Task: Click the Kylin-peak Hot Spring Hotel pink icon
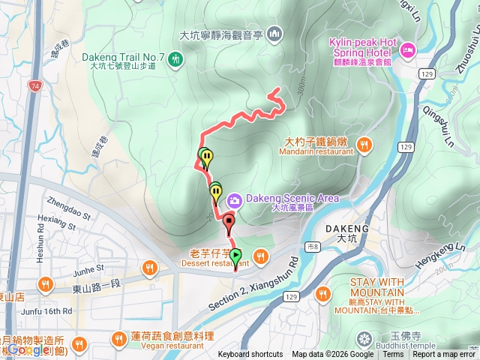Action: (408, 50)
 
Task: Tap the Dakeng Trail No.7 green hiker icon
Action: (175, 58)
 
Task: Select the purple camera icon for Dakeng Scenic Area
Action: (234, 199)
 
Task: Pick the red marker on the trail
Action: (229, 220)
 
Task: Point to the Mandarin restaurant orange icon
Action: (364, 145)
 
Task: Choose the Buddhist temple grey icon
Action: (364, 337)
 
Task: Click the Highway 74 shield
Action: (36, 87)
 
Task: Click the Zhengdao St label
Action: (68, 202)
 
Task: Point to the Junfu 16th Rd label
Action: (46, 310)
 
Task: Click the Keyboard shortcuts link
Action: (250, 355)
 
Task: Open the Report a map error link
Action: (444, 355)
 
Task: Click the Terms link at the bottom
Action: (393, 355)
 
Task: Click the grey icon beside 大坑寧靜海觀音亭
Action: (274, 34)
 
